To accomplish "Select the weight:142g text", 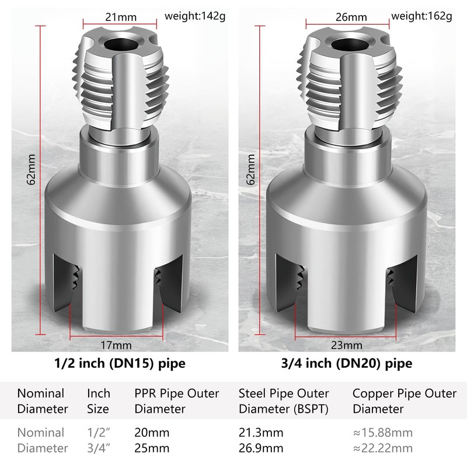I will pyautogui.click(x=195, y=16).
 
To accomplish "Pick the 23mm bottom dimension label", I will pyautogui.click(x=343, y=345).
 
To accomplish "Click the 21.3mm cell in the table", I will pyautogui.click(x=260, y=433).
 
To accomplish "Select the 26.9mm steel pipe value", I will pyautogui.click(x=260, y=448).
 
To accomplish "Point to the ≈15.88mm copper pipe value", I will pyautogui.click(x=382, y=433).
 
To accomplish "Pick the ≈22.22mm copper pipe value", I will pyautogui.click(x=382, y=448).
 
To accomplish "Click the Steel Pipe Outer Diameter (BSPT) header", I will pyautogui.click(x=284, y=401).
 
